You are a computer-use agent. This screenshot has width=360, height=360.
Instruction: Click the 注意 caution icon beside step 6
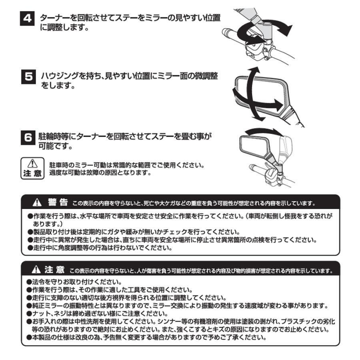coord(32,168)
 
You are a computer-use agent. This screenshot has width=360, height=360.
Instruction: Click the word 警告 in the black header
coord(58,202)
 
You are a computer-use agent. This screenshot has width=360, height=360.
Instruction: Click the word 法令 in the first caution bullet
coord(38,282)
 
